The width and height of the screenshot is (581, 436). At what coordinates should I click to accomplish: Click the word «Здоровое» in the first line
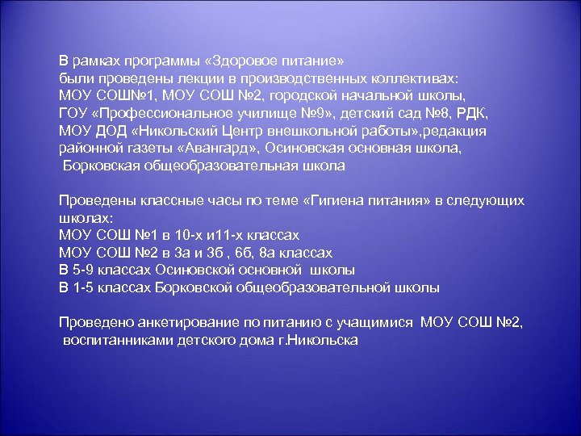[x=253, y=61]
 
